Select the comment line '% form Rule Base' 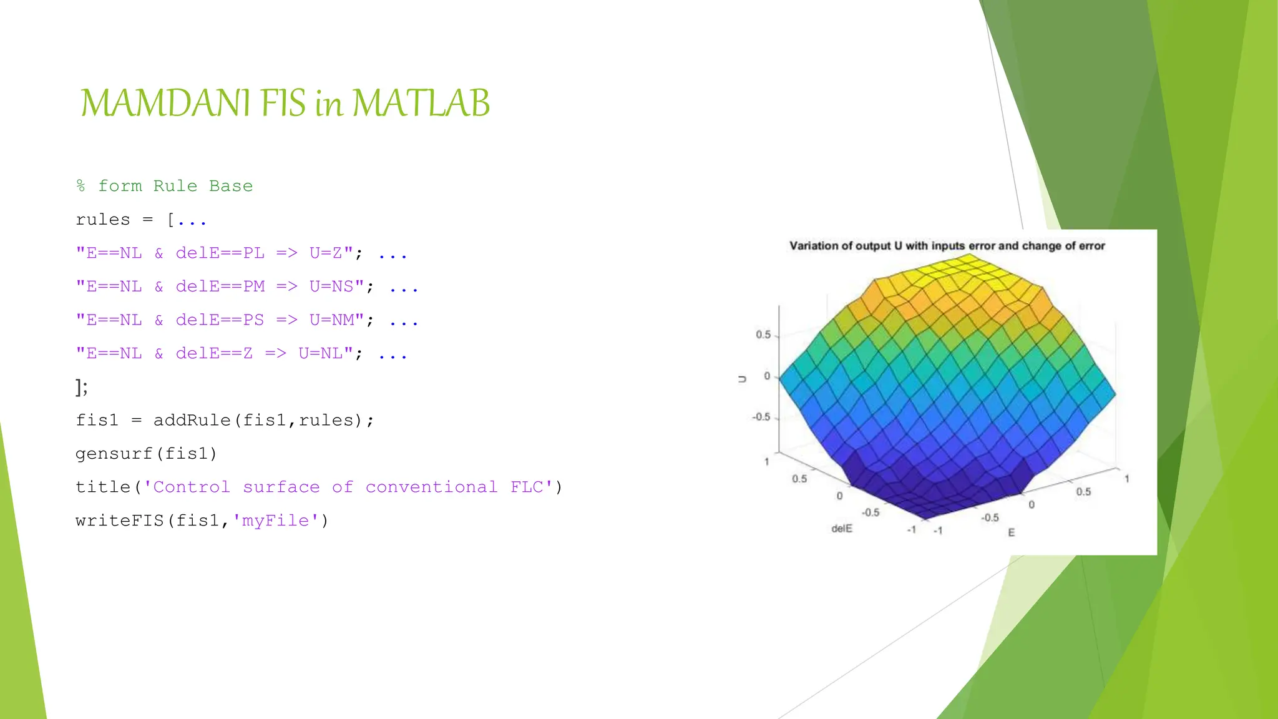(164, 186)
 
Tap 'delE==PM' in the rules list (220, 286)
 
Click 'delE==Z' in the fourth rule (214, 353)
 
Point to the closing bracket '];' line (82, 388)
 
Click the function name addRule (192, 420)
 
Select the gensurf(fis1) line (146, 454)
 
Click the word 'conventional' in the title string (431, 487)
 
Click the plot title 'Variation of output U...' (947, 246)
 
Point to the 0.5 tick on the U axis (763, 335)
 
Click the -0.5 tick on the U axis (761, 417)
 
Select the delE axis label (841, 529)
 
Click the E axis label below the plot (1011, 532)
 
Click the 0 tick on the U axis (767, 376)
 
